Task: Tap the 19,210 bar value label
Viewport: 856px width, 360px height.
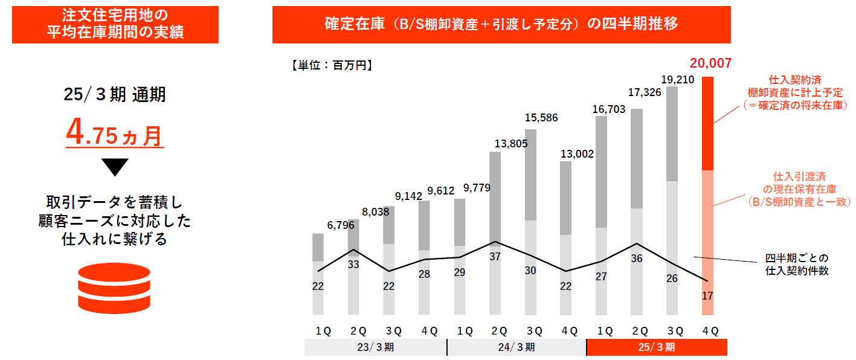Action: (677, 79)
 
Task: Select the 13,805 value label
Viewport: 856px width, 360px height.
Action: (494, 144)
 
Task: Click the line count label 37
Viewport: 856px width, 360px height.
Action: (495, 256)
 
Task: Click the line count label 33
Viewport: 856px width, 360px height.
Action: (354, 264)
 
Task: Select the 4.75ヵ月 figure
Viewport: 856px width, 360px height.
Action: (115, 135)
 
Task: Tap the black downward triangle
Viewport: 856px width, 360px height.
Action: (115, 167)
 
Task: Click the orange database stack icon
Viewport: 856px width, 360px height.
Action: (114, 288)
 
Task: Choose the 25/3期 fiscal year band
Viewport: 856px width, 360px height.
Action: (657, 347)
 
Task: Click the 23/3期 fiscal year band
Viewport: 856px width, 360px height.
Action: (375, 347)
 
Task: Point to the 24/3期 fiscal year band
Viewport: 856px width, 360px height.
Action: (516, 347)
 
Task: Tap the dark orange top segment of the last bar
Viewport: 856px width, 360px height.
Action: (707, 123)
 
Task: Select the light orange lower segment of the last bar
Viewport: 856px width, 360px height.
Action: (707, 242)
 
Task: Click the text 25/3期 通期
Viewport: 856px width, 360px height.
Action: (115, 95)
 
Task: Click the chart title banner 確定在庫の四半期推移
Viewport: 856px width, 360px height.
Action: (501, 24)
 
